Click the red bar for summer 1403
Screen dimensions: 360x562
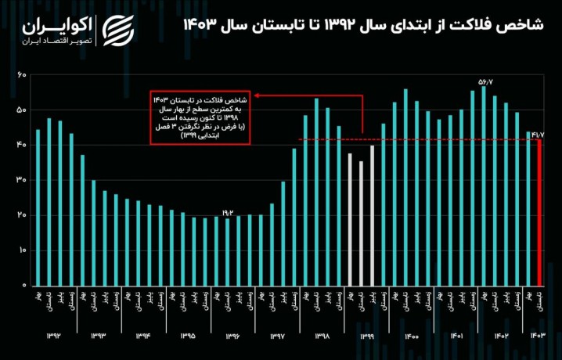pos(539,212)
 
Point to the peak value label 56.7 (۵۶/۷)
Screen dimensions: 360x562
pos(485,81)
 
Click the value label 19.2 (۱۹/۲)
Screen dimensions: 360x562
pos(228,211)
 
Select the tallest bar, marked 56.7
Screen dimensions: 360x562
pos(484,185)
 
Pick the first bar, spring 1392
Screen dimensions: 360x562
pos(38,207)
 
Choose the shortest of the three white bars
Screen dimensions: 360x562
pos(361,223)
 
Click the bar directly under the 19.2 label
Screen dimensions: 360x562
pos(228,251)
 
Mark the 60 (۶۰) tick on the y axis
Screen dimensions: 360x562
pos(22,74)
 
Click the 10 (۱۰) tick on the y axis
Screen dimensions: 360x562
pos(22,250)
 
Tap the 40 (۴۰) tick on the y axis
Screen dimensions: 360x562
pos(22,145)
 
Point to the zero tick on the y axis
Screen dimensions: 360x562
pos(23,286)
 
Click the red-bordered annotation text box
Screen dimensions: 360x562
pos(201,119)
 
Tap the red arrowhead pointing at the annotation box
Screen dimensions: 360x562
pos(258,96)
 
